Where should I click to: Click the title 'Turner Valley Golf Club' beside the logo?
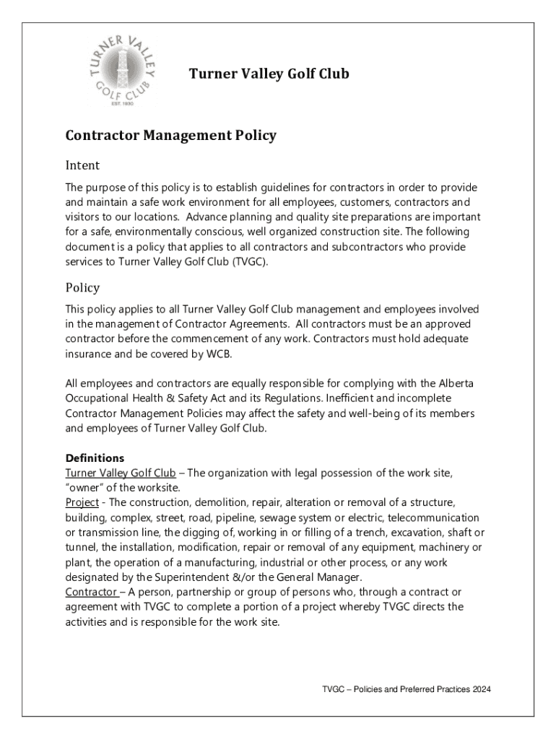pyautogui.click(x=269, y=74)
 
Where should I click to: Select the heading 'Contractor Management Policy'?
pyautogui.click(x=170, y=135)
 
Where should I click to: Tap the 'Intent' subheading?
pyautogui.click(x=82, y=165)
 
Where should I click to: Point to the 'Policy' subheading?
pyautogui.click(x=82, y=287)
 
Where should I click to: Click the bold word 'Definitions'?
pyautogui.click(x=95, y=458)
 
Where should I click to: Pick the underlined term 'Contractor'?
pyautogui.click(x=91, y=592)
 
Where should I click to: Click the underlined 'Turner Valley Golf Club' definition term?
pyautogui.click(x=120, y=473)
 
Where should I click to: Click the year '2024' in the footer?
pyautogui.click(x=479, y=690)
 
